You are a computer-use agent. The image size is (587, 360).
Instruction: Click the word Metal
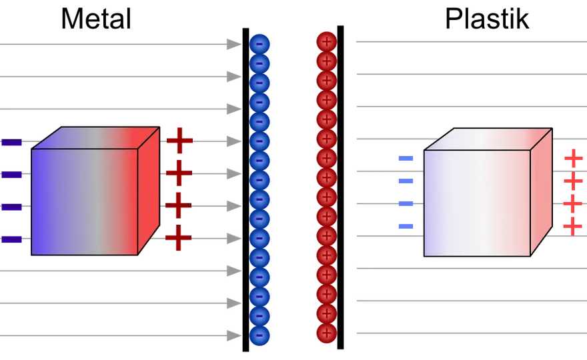(96, 19)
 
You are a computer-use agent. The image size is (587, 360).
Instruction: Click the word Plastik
(487, 19)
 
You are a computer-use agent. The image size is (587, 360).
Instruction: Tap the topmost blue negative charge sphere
(259, 44)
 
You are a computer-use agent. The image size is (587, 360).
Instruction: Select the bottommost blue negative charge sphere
(259, 335)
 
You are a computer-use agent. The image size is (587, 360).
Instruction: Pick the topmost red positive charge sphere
(327, 41)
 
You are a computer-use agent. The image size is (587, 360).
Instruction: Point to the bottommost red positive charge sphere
(327, 333)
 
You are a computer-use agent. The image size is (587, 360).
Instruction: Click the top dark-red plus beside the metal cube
(179, 141)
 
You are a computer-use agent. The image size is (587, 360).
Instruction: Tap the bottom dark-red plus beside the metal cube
(179, 237)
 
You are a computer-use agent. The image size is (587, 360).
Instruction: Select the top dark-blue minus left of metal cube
(11, 142)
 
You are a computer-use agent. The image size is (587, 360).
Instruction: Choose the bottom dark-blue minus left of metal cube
(11, 239)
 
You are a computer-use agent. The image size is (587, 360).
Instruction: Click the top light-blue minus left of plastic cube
(406, 158)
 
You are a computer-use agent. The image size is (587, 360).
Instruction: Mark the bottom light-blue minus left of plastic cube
(406, 226)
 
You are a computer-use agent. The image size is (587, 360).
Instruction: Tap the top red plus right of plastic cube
(574, 159)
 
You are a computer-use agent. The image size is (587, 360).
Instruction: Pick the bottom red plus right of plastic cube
(573, 227)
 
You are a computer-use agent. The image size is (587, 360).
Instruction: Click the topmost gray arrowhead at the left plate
(234, 44)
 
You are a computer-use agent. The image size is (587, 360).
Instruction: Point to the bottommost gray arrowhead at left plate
(234, 336)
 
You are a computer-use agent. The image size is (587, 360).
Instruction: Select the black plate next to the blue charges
(245, 190)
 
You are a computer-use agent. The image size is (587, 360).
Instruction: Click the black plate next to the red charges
(340, 187)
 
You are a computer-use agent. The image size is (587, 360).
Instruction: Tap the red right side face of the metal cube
(149, 191)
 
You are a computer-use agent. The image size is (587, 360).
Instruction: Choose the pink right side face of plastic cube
(542, 193)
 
